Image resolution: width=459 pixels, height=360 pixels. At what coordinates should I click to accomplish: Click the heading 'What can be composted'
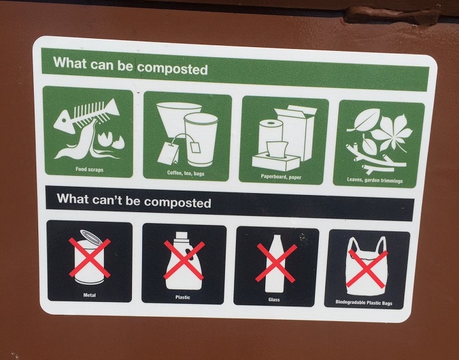[x=130, y=66]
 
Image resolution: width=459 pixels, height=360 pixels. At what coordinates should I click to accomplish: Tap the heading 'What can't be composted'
[x=134, y=201]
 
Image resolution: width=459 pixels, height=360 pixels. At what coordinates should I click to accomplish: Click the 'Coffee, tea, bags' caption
[x=187, y=173]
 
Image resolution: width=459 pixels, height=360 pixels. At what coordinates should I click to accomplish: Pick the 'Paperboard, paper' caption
[x=280, y=176]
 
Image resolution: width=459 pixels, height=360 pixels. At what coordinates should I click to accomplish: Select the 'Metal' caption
[x=89, y=295]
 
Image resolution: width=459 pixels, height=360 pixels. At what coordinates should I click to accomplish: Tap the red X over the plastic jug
[x=184, y=260]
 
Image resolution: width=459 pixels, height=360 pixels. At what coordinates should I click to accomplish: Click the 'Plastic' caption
[x=183, y=297]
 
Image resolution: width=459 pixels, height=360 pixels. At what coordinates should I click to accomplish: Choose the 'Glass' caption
[x=274, y=299]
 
